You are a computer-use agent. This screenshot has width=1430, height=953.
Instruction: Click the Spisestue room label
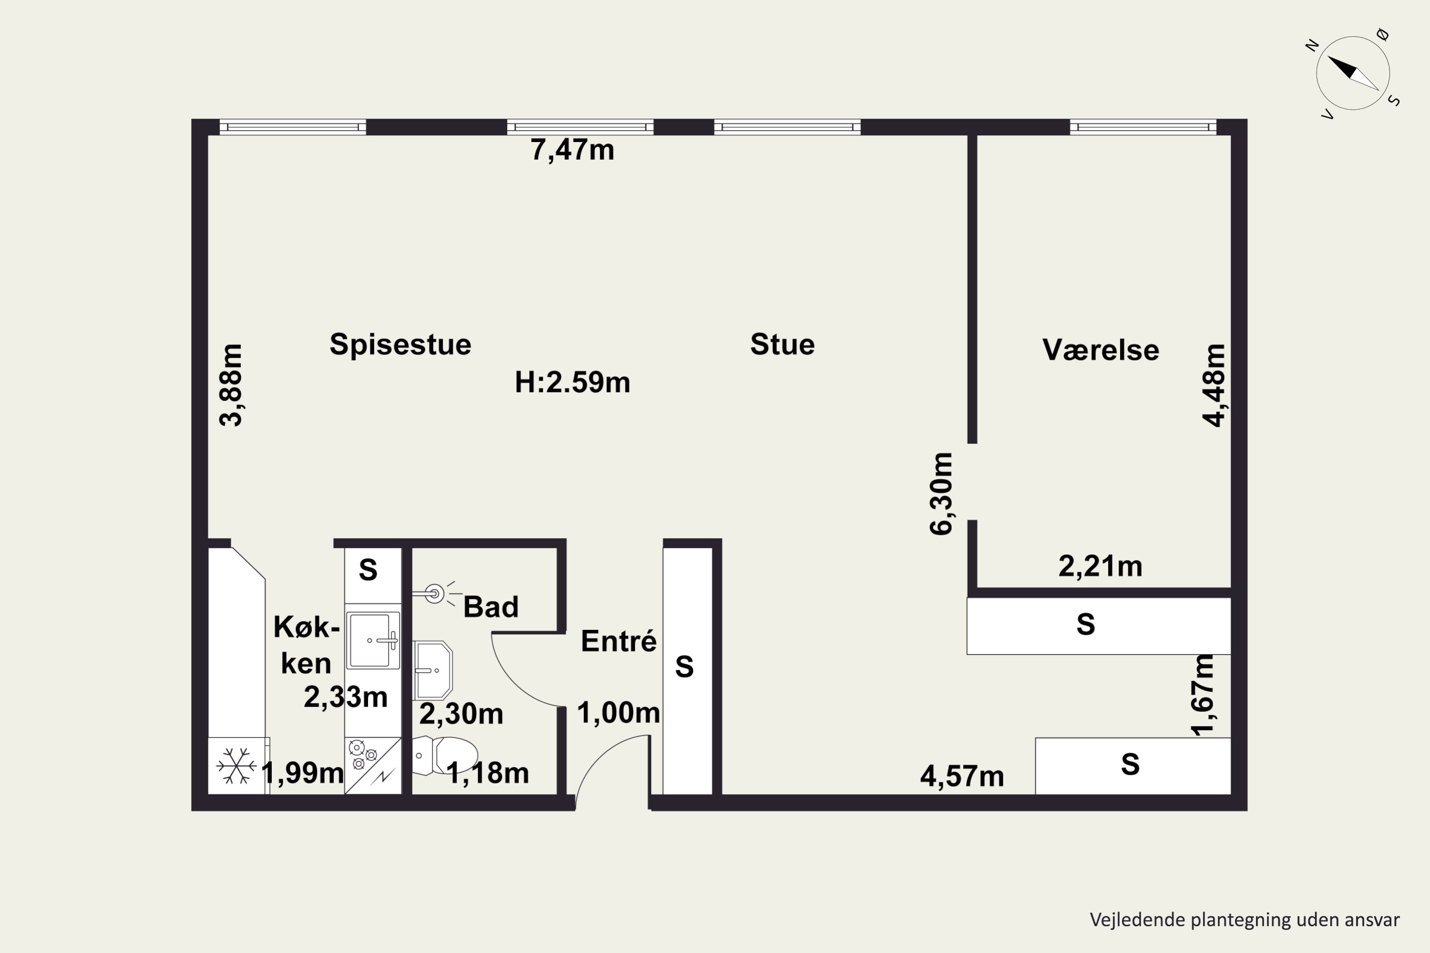[400, 345]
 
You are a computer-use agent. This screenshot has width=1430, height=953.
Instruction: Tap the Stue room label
[782, 345]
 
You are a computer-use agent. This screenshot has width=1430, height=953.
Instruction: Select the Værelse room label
[1101, 350]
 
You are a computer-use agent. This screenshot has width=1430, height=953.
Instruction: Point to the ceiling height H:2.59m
[572, 382]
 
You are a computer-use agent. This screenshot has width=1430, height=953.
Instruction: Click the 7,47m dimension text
[572, 150]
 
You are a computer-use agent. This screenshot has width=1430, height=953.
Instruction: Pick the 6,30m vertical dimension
[941, 494]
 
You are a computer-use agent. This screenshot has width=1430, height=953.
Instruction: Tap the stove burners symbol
[364, 754]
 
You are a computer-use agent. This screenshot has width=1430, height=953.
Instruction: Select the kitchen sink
[372, 640]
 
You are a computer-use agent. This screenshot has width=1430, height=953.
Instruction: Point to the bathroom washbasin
[433, 670]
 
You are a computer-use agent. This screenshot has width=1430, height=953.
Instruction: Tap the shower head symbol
[434, 593]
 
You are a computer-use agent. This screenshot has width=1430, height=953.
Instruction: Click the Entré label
[618, 642]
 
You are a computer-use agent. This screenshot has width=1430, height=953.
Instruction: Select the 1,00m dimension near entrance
[618, 713]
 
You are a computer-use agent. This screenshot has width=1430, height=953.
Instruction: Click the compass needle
[1352, 73]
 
